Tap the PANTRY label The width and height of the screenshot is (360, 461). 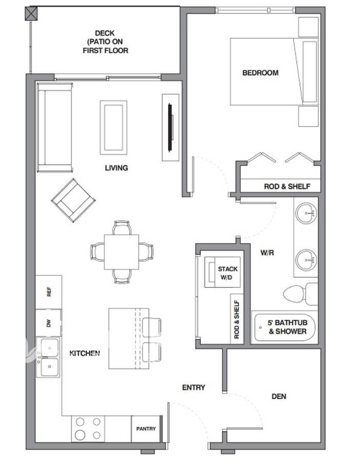click(x=146, y=429)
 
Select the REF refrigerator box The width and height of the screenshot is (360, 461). click(x=49, y=292)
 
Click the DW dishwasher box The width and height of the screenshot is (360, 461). click(x=49, y=323)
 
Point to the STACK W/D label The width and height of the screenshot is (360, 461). click(x=227, y=273)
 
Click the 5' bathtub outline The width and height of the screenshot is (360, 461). click(x=285, y=327)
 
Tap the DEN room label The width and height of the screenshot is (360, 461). click(x=279, y=396)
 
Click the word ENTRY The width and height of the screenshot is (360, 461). click(x=194, y=388)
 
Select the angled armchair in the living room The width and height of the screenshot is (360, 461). click(x=73, y=200)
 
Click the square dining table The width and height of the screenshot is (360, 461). click(x=121, y=252)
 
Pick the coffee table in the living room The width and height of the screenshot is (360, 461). click(x=114, y=128)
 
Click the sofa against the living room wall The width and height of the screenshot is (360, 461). click(x=55, y=128)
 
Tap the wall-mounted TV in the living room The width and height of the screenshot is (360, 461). click(x=170, y=128)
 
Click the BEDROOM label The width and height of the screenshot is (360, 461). click(x=260, y=73)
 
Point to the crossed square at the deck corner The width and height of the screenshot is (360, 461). click(x=31, y=14)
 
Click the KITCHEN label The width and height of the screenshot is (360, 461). click(x=84, y=353)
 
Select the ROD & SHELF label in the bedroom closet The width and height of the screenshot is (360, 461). click(x=287, y=186)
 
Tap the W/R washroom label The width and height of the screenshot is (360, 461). click(x=267, y=253)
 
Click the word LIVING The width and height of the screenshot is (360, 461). click(x=116, y=168)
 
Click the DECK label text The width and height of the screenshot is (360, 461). click(x=105, y=33)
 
